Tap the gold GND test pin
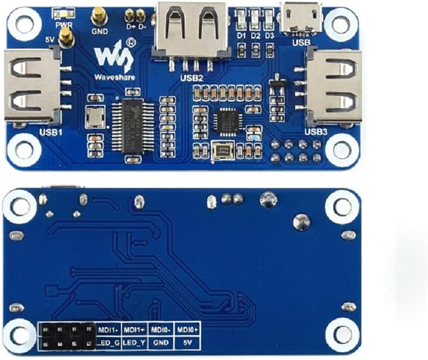coord(98,17)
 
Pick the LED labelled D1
coord(242,18)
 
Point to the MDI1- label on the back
coord(108,328)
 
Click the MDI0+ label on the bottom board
coord(188,328)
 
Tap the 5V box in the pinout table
coord(188,342)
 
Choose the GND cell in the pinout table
coord(161,342)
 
